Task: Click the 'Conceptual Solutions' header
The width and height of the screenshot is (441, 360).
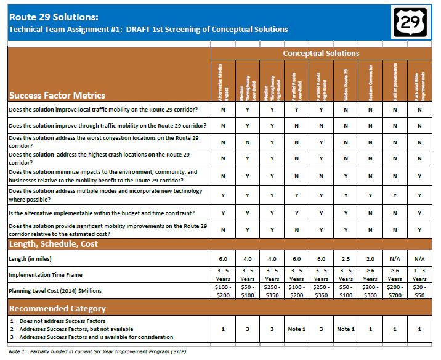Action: [321, 54]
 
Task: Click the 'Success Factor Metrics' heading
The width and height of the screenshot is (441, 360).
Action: [57, 96]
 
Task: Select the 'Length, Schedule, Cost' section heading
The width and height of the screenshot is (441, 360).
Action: [53, 243]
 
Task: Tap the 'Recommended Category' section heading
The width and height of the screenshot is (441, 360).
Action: [57, 308]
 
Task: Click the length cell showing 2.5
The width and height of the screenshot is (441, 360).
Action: [346, 259]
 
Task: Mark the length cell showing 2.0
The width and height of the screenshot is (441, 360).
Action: [370, 259]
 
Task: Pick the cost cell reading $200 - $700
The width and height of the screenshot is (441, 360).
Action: [395, 292]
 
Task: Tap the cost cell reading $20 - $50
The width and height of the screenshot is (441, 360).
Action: [419, 292]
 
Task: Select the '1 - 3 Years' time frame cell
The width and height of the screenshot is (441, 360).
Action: [419, 275]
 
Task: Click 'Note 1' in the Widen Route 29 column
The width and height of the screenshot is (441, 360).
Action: [346, 329]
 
